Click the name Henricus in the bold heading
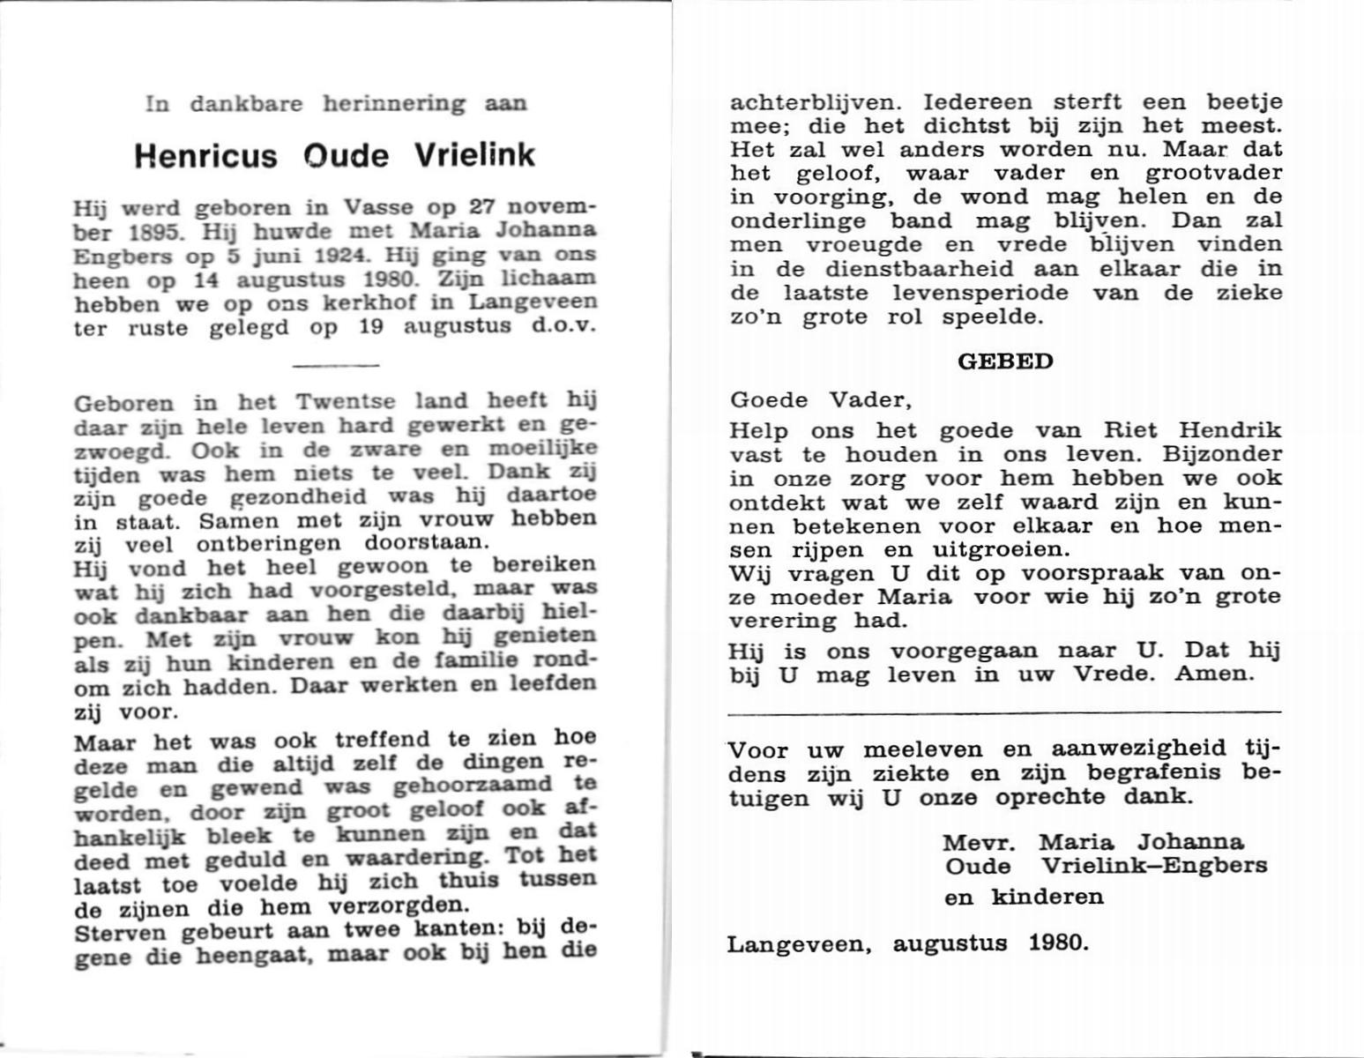[x=205, y=156]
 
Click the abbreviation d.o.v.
[x=565, y=326]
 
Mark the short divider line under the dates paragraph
[x=335, y=365]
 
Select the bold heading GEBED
[x=1005, y=362]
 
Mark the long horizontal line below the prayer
[x=1005, y=712]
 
